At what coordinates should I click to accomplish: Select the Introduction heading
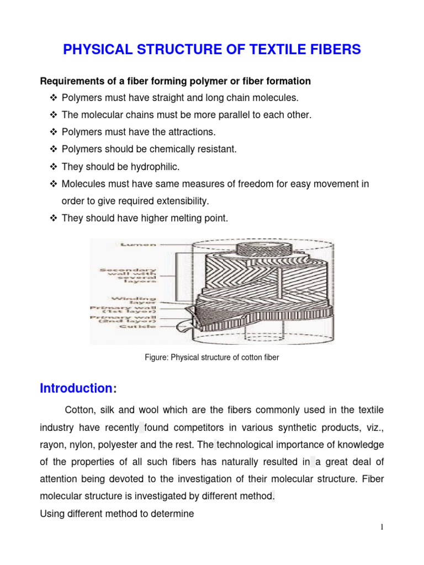tap(76, 388)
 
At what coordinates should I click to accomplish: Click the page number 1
tap(381, 527)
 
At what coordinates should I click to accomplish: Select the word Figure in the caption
tap(156, 358)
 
